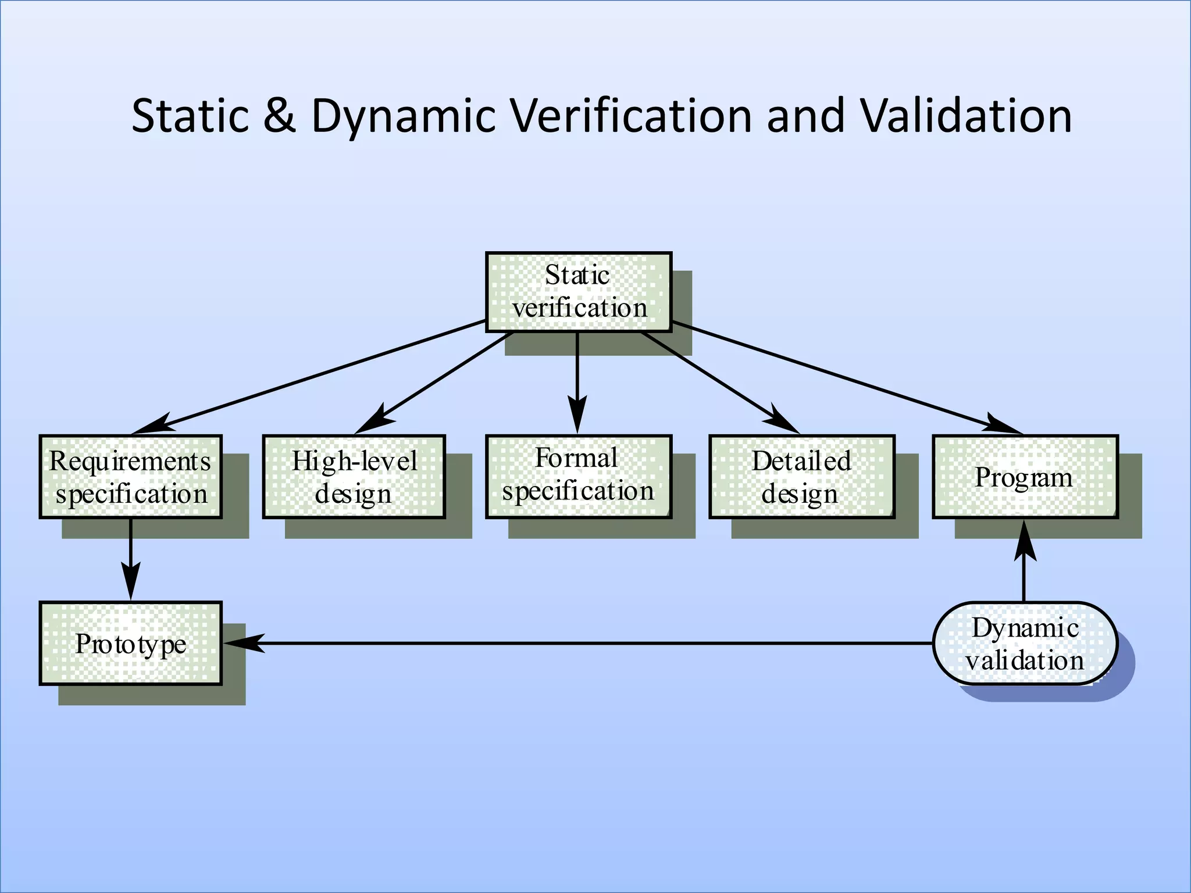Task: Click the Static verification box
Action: click(x=579, y=292)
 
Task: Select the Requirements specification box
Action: click(x=130, y=477)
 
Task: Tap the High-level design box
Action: click(x=354, y=477)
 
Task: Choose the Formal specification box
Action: click(x=579, y=477)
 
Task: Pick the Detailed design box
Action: click(x=801, y=477)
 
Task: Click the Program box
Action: click(x=1025, y=477)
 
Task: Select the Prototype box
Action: click(x=130, y=643)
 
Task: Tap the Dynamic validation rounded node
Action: click(x=1025, y=643)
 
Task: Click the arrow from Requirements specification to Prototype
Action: click(x=130, y=558)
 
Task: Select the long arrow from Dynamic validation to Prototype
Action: click(x=582, y=643)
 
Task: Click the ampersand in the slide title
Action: click(x=279, y=116)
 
